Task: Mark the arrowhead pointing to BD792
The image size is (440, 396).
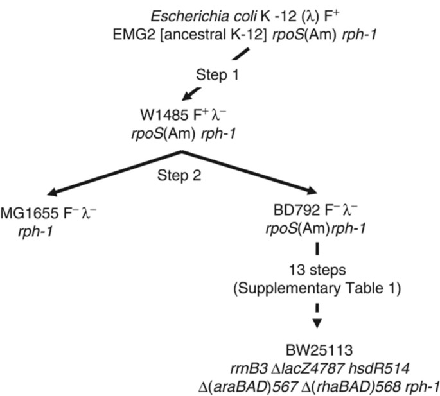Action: pos(311,191)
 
